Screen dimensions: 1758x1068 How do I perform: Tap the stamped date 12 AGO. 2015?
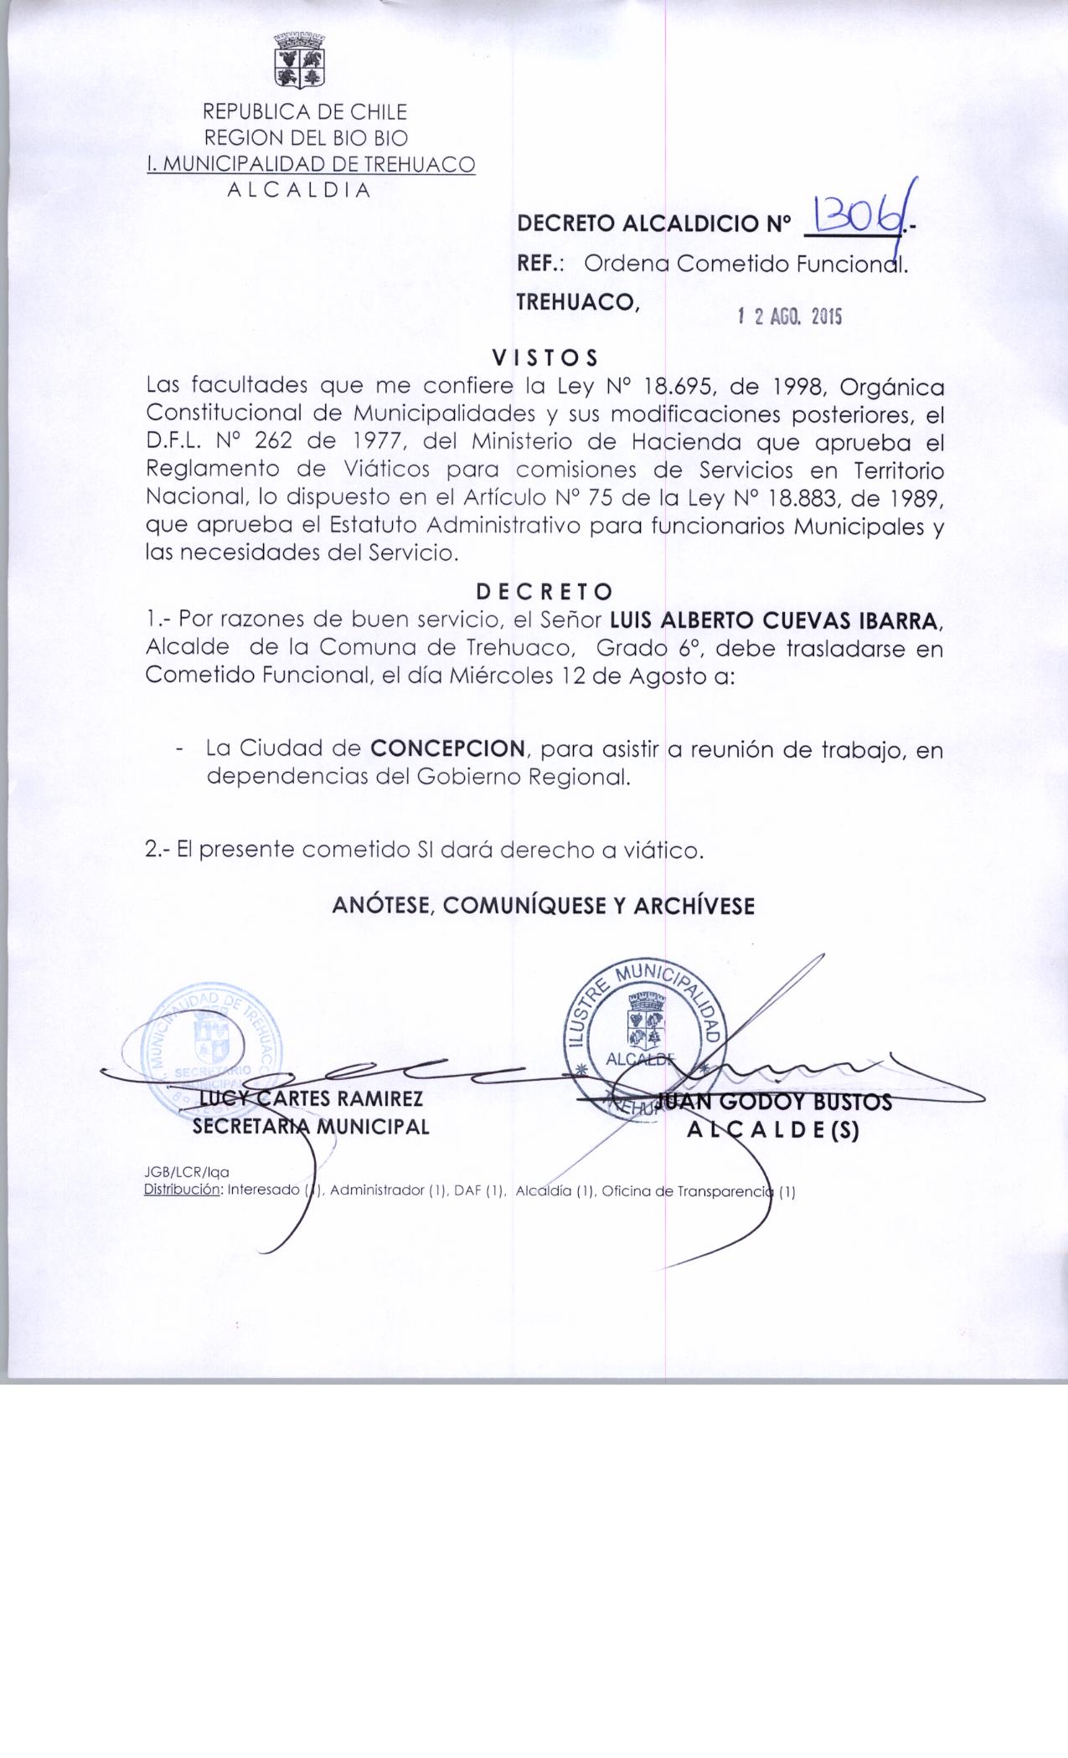789,316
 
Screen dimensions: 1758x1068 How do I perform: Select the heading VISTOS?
545,358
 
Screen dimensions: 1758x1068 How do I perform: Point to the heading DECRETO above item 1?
544,592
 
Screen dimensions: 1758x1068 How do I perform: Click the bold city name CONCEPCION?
448,748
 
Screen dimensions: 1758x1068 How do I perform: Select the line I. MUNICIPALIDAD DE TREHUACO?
310,164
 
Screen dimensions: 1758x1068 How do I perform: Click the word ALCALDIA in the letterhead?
299,189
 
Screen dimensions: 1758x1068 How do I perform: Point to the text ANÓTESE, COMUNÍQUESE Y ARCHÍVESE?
544,906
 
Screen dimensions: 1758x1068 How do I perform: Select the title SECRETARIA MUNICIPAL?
311,1127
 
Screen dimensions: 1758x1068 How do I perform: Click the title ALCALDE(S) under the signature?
773,1131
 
